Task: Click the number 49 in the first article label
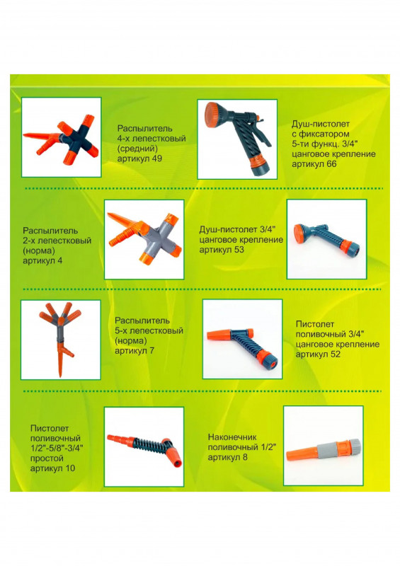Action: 157,158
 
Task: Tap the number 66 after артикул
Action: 331,164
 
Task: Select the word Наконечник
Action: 232,437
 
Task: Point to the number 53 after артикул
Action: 239,250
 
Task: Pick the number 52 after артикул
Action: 336,354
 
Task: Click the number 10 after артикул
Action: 70,468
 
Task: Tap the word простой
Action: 47,458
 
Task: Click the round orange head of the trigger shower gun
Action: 215,115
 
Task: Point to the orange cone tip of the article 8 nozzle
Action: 301,454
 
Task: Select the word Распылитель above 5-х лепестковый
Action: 142,320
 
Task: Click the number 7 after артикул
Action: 152,350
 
